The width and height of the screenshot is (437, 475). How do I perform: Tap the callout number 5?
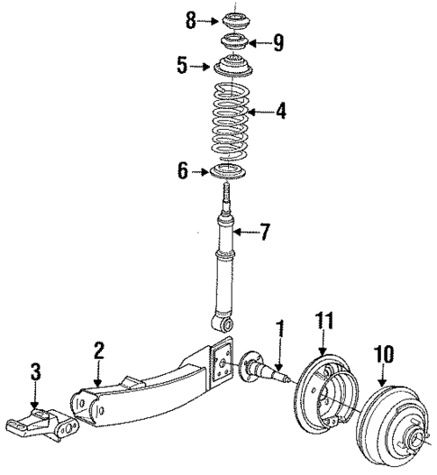pyautogui.click(x=183, y=66)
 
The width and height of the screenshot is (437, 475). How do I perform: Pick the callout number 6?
pyautogui.click(x=184, y=170)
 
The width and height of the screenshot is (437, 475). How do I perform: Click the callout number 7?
pyautogui.click(x=266, y=233)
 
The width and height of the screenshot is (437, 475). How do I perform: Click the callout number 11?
pyautogui.click(x=323, y=321)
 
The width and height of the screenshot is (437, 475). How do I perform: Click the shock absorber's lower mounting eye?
pyautogui.click(x=223, y=321)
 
